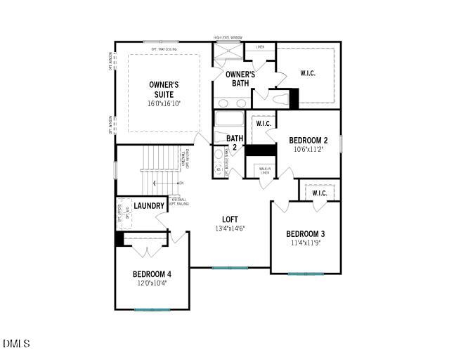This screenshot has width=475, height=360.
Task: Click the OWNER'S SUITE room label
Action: click(x=164, y=89)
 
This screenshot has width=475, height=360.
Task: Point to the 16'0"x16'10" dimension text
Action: click(x=164, y=103)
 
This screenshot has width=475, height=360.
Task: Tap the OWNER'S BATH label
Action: click(x=240, y=79)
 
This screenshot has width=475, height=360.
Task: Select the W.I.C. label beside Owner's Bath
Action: click(x=308, y=73)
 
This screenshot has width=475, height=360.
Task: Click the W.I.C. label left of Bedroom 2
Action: click(x=263, y=124)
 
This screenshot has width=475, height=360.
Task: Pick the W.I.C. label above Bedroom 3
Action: click(x=319, y=193)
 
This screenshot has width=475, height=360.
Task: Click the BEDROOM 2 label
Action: click(x=308, y=140)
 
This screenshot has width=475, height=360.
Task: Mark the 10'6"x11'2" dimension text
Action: click(x=308, y=149)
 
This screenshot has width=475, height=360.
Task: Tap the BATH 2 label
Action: click(x=234, y=143)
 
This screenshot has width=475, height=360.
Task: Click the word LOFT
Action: click(x=230, y=219)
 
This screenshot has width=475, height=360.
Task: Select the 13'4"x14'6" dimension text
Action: click(x=230, y=229)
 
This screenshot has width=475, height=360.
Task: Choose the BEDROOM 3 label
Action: click(x=305, y=234)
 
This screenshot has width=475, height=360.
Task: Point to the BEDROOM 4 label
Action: click(x=152, y=274)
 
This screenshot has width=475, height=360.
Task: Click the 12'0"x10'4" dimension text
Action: click(x=152, y=283)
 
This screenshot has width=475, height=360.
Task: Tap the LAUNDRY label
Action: click(x=149, y=206)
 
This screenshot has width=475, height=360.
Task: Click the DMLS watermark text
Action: click(x=16, y=344)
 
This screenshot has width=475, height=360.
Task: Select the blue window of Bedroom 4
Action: click(x=152, y=309)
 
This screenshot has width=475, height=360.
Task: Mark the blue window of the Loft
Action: click(x=230, y=268)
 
